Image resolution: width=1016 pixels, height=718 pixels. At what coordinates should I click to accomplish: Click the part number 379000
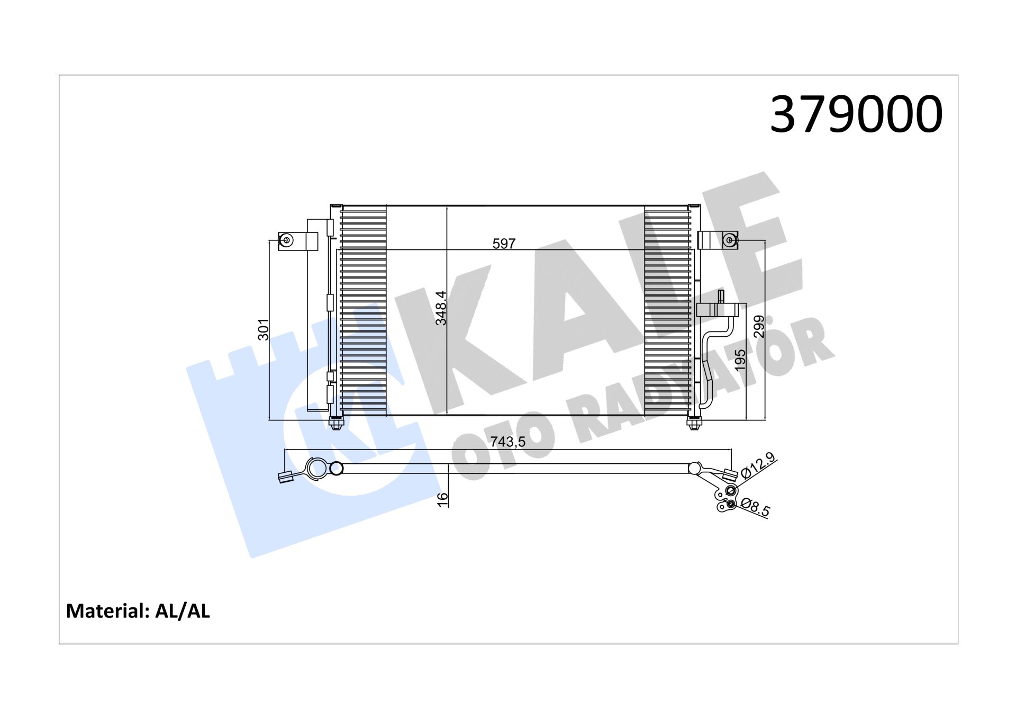pyautogui.click(x=855, y=114)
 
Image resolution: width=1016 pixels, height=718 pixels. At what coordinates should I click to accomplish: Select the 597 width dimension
pyautogui.click(x=503, y=244)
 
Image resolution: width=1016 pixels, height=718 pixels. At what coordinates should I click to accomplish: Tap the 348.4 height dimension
pyautogui.click(x=441, y=308)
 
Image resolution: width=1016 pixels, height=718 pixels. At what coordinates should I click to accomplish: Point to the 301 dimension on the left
pyautogui.click(x=263, y=329)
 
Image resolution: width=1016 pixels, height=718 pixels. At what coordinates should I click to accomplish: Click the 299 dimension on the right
pyautogui.click(x=758, y=326)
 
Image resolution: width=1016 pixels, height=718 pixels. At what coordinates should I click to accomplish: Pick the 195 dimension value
pyautogui.click(x=740, y=360)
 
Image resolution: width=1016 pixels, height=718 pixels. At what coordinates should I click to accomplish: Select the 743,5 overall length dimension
pyautogui.click(x=507, y=442)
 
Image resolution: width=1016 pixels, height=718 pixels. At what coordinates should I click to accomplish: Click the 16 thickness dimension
pyautogui.click(x=442, y=499)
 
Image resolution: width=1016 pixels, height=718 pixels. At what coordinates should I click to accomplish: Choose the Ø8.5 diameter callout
pyautogui.click(x=756, y=507)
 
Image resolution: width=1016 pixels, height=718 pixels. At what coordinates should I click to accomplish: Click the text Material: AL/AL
pyautogui.click(x=138, y=611)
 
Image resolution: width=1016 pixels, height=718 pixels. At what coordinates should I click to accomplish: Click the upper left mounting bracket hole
pyautogui.click(x=286, y=241)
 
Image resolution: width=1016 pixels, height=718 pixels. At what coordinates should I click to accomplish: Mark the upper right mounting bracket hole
pyautogui.click(x=730, y=240)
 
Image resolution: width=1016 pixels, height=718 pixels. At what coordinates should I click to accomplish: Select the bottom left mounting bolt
pyautogui.click(x=335, y=423)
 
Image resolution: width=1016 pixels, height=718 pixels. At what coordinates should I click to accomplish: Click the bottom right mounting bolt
pyautogui.click(x=694, y=423)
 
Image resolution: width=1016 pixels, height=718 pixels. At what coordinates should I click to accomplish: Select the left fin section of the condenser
pyautogui.click(x=363, y=310)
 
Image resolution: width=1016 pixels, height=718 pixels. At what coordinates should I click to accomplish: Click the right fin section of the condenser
pyautogui.click(x=667, y=310)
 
